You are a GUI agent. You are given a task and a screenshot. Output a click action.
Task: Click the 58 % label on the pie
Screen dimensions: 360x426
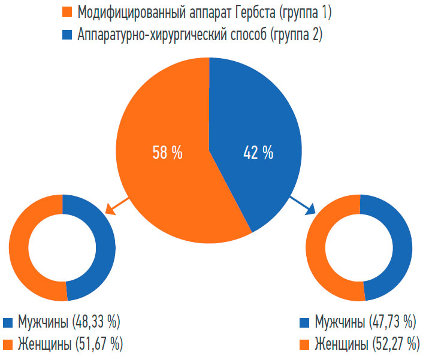[167, 153]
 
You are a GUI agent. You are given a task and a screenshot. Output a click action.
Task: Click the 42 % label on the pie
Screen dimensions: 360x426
[259, 153]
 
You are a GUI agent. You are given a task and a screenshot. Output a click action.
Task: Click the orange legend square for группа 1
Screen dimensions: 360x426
[67, 11]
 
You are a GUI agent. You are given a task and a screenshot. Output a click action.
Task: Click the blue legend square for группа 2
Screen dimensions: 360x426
[67, 35]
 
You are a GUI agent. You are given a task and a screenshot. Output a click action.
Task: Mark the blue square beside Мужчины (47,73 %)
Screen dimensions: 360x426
[304, 322]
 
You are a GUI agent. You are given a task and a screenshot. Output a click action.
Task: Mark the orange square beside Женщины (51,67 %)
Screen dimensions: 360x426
[8, 344]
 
